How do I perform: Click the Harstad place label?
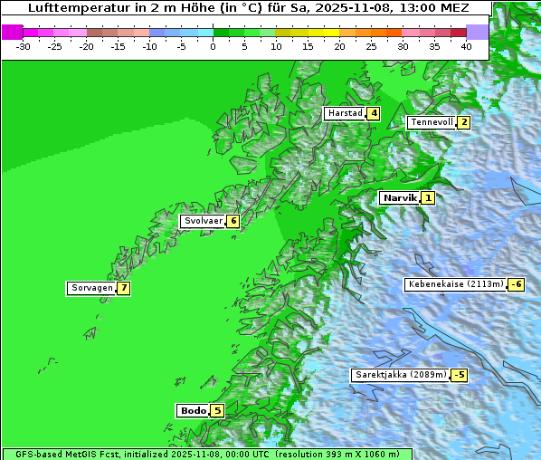click(x=345, y=113)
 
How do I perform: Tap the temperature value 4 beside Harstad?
click(x=373, y=113)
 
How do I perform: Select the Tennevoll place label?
click(x=431, y=122)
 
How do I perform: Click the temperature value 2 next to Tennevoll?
click(x=463, y=122)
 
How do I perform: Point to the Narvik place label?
click(x=399, y=197)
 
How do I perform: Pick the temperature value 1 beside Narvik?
click(x=427, y=197)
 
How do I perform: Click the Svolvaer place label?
click(x=203, y=221)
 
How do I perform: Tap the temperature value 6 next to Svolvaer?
click(x=233, y=221)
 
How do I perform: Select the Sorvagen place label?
click(x=91, y=288)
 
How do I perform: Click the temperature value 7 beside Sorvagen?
click(x=123, y=288)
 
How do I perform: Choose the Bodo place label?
click(x=193, y=410)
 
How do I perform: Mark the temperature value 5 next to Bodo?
click(x=216, y=410)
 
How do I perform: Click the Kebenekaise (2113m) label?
click(x=455, y=284)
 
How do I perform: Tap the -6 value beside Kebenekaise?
click(x=516, y=284)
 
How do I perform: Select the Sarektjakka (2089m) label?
click(x=400, y=375)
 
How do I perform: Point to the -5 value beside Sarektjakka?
click(x=459, y=375)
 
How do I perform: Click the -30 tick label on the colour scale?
click(x=24, y=45)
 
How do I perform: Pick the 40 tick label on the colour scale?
click(x=466, y=45)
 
